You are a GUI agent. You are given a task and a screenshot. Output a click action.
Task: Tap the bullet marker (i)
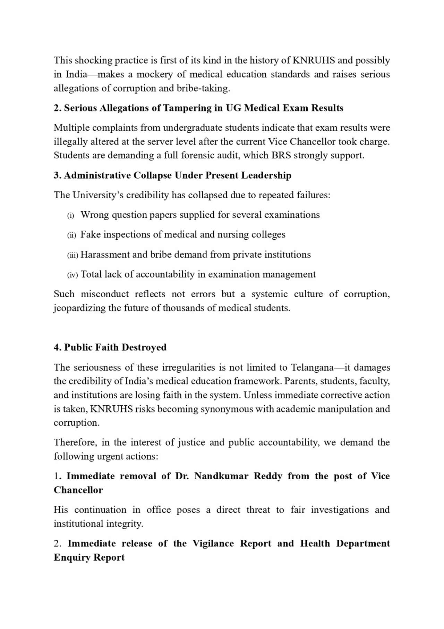coord(70,216)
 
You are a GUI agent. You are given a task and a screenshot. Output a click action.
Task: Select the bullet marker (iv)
coord(72,275)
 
